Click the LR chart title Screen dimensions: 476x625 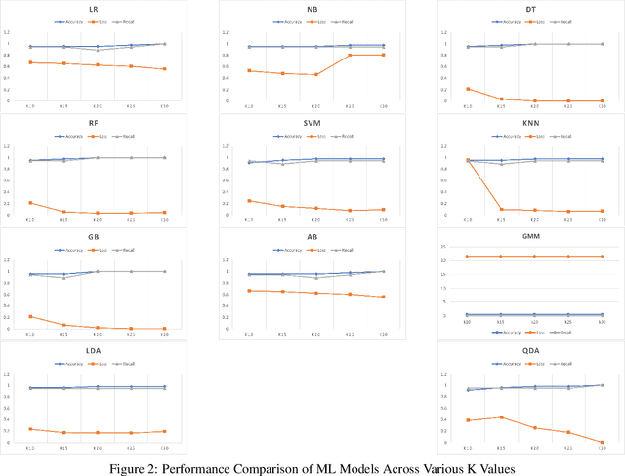tap(93, 8)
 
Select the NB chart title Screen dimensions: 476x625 tap(312, 8)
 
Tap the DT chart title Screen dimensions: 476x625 tap(532, 8)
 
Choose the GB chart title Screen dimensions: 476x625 tap(93, 236)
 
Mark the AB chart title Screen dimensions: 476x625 tap(312, 236)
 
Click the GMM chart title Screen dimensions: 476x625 tap(532, 236)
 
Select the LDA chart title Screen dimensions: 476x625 tap(93, 350)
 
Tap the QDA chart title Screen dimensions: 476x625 tap(532, 350)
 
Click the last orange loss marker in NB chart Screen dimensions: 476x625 tap(383, 55)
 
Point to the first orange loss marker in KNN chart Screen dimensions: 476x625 tap(469, 160)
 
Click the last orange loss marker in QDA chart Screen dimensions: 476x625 tap(602, 442)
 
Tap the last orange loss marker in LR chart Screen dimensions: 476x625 tap(164, 69)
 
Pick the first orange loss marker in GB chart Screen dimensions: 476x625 tap(30, 316)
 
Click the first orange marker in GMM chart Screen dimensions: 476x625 tap(469, 256)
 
